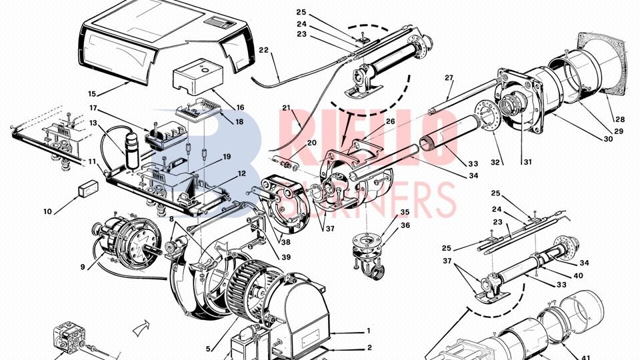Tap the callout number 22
pyautogui.click(x=264, y=51)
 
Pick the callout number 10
pyautogui.click(x=47, y=212)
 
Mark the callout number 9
pyautogui.click(x=83, y=267)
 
